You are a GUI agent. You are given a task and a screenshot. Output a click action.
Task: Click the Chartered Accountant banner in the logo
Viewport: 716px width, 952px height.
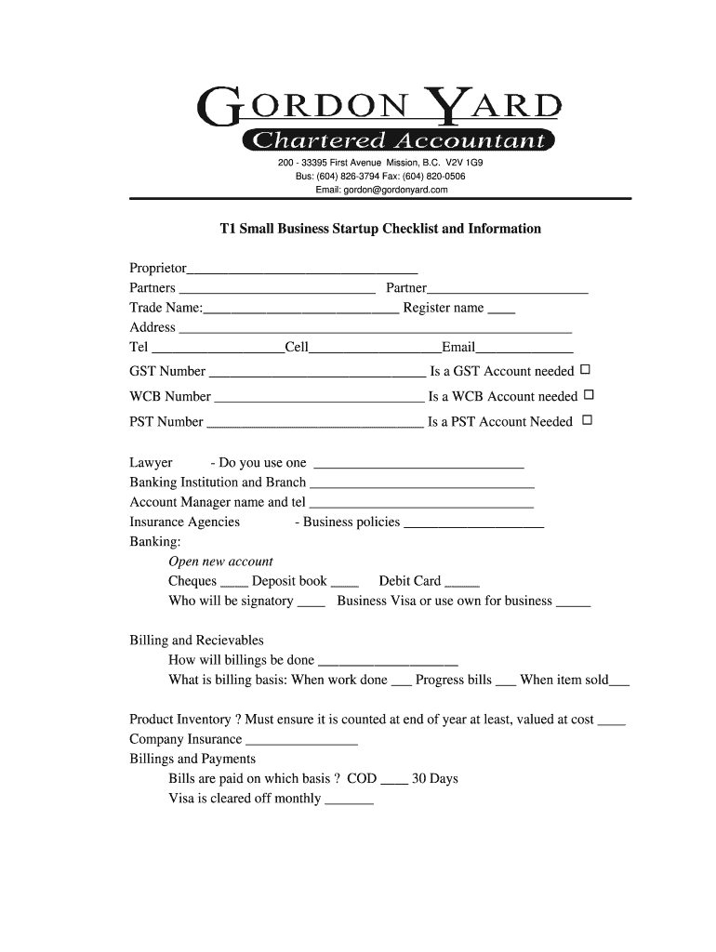(397, 140)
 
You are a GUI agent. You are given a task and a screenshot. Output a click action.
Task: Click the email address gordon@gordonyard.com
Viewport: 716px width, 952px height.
(381, 190)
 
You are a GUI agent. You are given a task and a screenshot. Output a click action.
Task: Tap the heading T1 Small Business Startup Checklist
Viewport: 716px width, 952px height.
(379, 229)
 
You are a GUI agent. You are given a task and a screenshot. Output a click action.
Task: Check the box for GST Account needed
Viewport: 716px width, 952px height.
(586, 370)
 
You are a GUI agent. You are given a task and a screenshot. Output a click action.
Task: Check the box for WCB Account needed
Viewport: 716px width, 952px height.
(588, 395)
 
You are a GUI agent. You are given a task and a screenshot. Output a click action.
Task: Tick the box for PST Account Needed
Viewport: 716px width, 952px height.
(587, 420)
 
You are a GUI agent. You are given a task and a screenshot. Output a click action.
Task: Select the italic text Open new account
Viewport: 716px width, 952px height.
(220, 562)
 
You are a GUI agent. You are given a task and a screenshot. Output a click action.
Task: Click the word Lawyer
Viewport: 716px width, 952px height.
(151, 463)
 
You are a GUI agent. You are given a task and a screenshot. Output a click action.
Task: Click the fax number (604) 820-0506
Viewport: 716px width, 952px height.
(434, 176)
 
